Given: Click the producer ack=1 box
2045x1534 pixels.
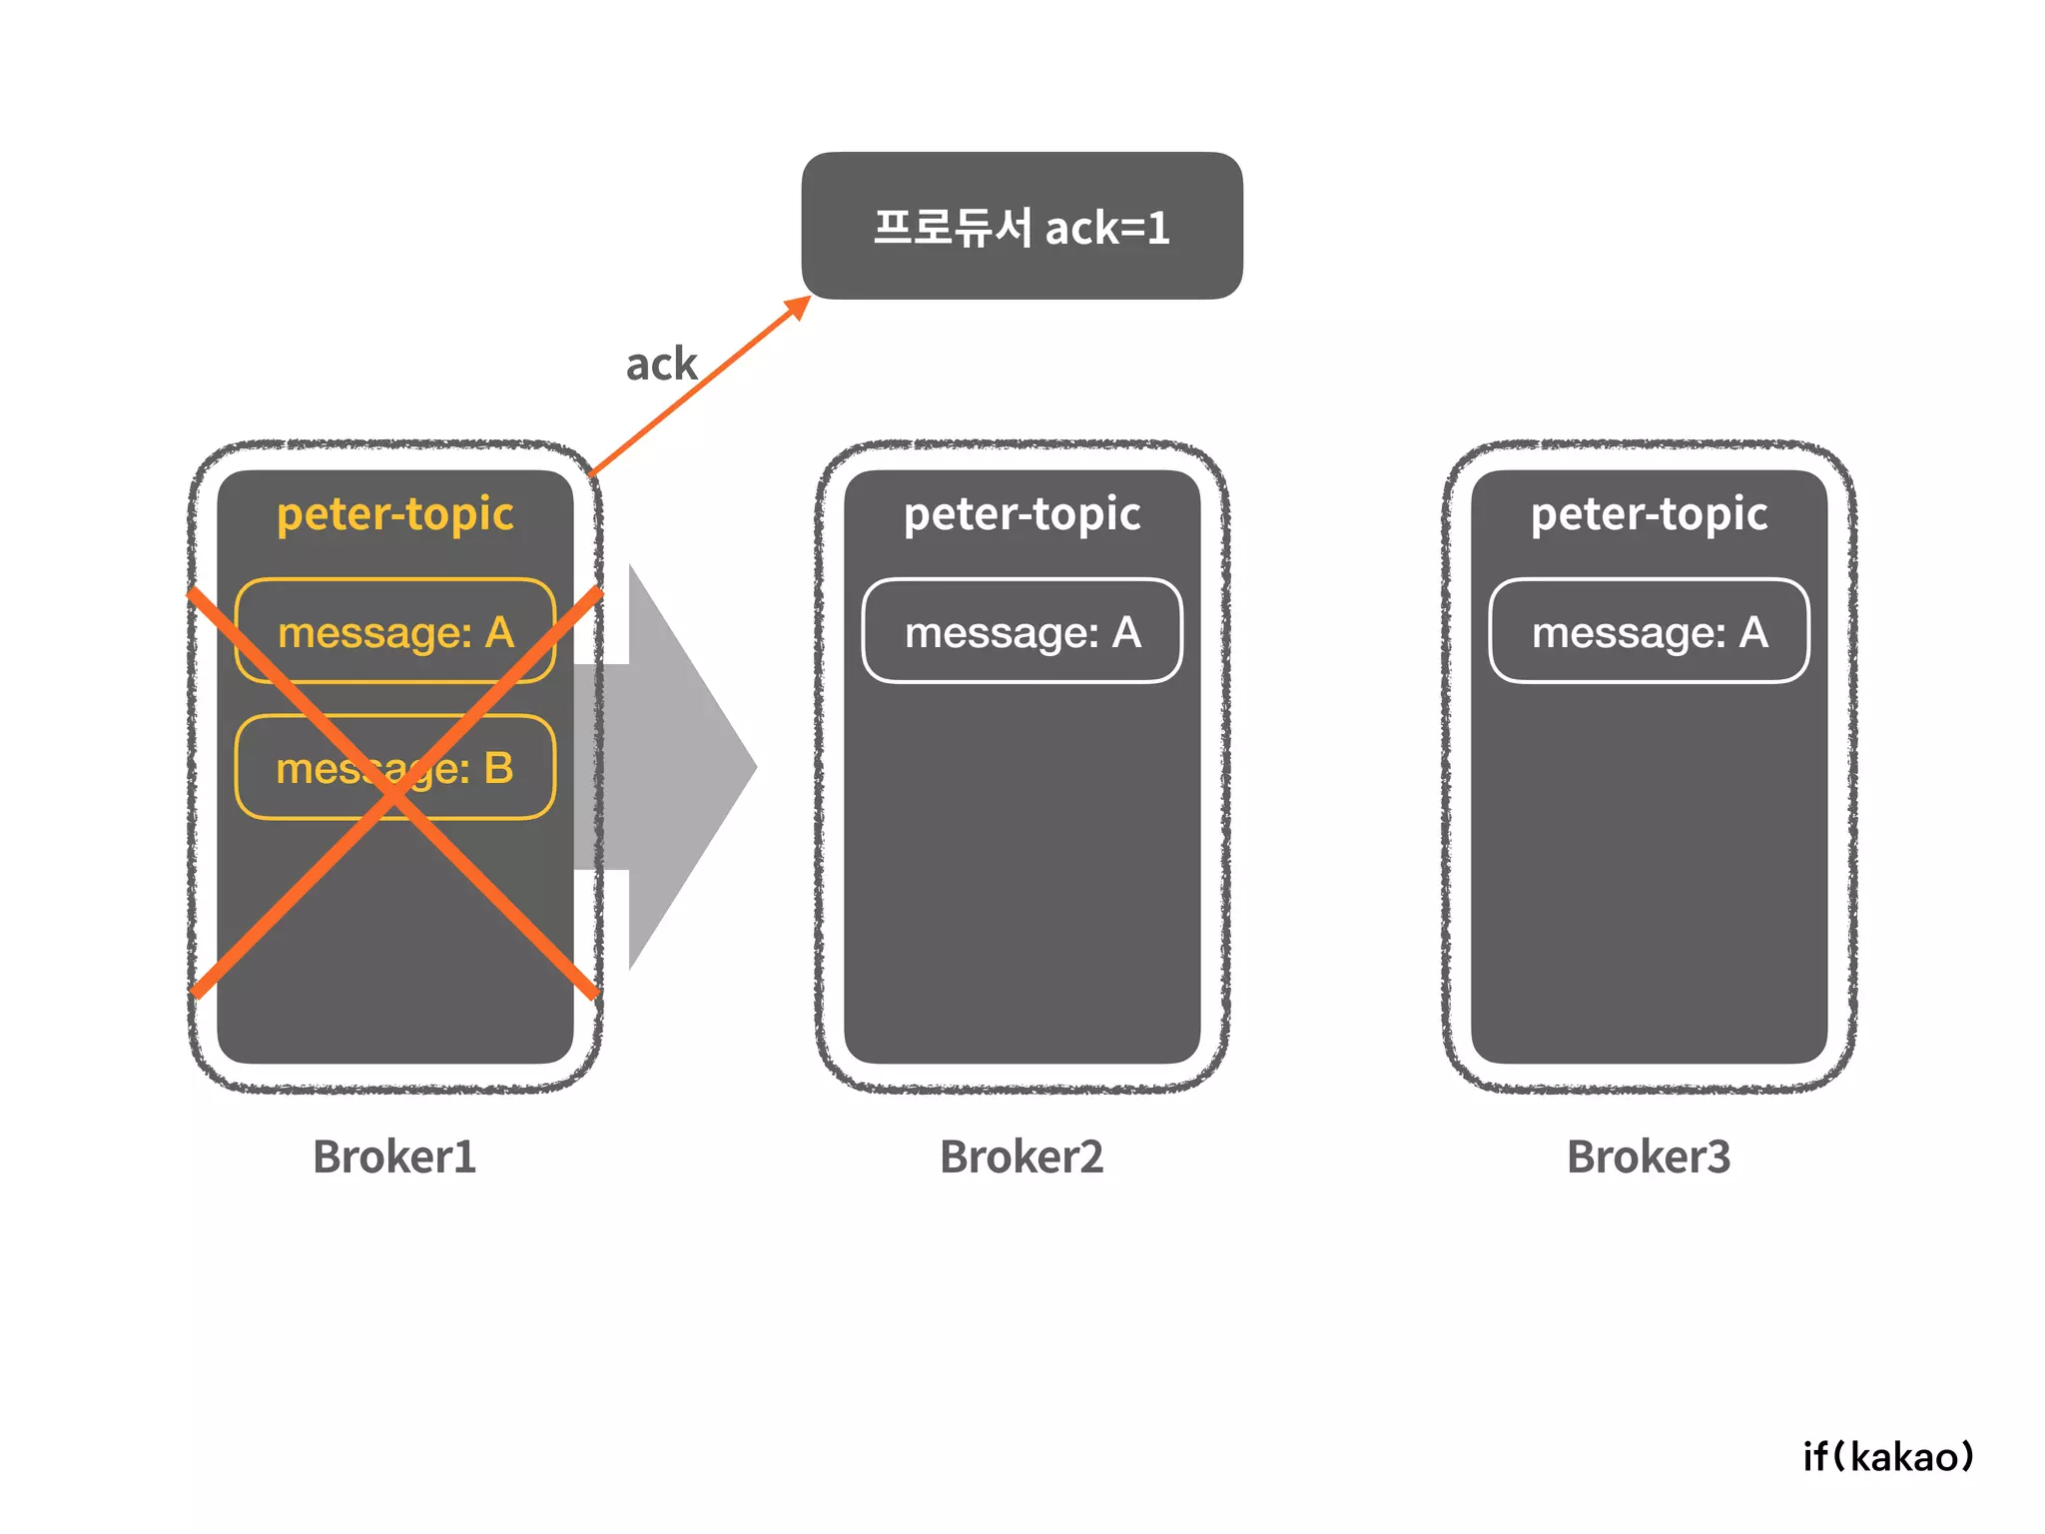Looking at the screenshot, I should click(1022, 226).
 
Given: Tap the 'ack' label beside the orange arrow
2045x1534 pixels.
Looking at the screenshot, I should click(661, 364).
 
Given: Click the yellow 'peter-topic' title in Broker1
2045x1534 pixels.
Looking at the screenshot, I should click(395, 514).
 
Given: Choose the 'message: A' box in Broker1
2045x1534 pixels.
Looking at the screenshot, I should click(395, 632).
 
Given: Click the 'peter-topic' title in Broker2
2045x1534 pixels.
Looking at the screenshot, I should click(1022, 514).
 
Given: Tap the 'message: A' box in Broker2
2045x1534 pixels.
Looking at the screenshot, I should click(1022, 632).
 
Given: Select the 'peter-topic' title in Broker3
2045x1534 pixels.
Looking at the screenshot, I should click(1649, 514).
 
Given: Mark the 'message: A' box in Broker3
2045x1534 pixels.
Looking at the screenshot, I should click(1649, 632).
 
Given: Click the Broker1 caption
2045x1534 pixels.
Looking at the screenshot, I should click(394, 1156).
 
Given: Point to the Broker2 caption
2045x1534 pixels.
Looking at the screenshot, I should click(1022, 1156).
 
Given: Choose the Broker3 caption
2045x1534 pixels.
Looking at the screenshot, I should click(1649, 1156).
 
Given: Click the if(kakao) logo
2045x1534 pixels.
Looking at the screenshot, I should click(1888, 1456).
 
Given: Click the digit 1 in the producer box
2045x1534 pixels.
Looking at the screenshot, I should click(1157, 229).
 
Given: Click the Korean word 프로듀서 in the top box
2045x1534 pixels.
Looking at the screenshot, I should click(952, 227).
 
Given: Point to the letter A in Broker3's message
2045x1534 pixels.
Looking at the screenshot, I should click(1753, 632).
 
